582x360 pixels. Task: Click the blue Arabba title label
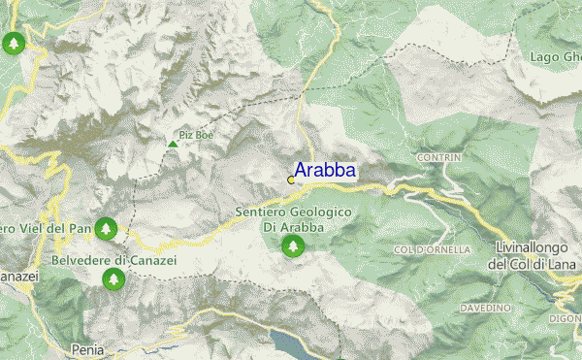click(x=324, y=171)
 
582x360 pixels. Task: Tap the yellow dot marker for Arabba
click(x=291, y=180)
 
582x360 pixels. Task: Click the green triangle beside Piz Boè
click(x=173, y=145)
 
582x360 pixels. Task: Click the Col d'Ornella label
click(x=433, y=250)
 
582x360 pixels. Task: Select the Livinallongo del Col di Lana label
click(x=533, y=256)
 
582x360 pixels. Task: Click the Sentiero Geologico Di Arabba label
click(x=293, y=219)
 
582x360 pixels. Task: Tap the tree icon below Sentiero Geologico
click(x=292, y=246)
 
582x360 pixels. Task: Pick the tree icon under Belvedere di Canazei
click(x=114, y=279)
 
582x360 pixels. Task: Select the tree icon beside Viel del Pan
click(x=107, y=229)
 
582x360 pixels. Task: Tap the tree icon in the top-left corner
click(x=14, y=44)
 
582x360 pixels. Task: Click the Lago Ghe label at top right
click(x=555, y=57)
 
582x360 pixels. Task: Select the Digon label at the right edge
click(x=566, y=317)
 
